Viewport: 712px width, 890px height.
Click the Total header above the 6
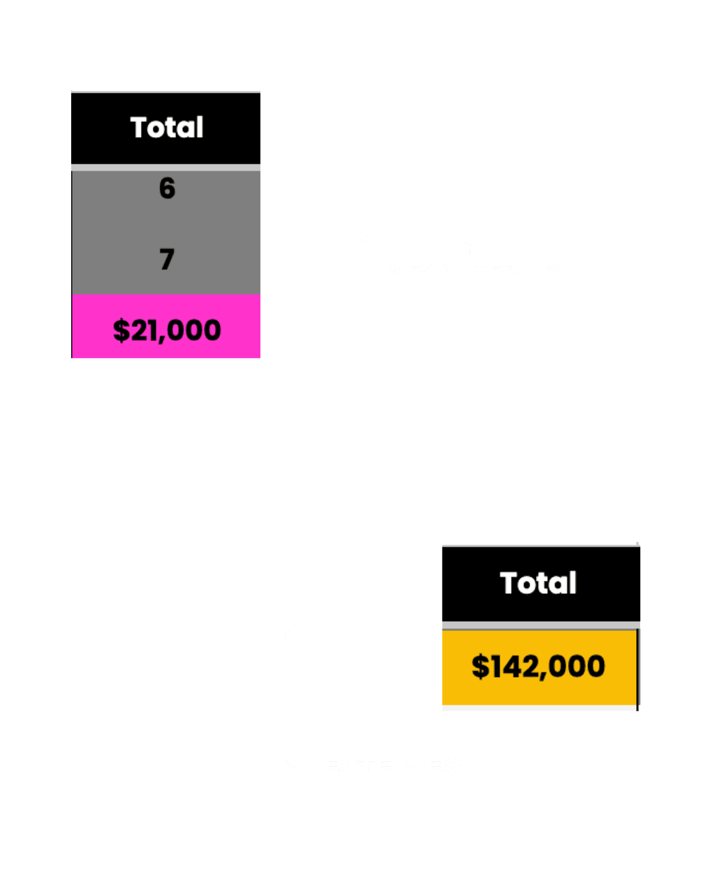point(167,128)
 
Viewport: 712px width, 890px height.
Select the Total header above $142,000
point(538,583)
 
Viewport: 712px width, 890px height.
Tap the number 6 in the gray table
point(167,189)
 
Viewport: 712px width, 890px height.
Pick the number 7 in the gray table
point(167,259)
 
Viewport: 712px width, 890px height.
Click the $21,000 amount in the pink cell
point(167,330)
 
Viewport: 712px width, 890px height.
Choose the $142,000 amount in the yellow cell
point(538,667)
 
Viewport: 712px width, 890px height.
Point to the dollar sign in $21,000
point(121,330)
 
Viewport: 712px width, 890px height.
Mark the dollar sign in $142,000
point(481,667)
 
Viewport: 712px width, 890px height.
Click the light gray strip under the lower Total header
point(541,625)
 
